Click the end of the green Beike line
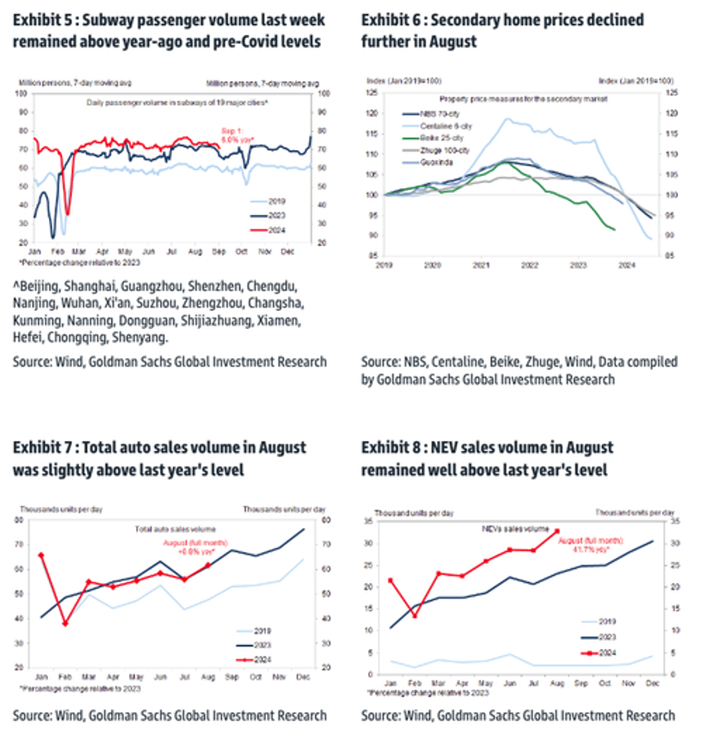click(x=613, y=230)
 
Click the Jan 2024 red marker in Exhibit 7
click(x=41, y=555)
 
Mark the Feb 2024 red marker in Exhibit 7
click(x=65, y=623)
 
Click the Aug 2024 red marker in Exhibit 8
click(x=557, y=531)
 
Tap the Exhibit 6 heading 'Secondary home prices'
click(x=502, y=20)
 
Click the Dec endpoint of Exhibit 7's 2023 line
click(x=303, y=529)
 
